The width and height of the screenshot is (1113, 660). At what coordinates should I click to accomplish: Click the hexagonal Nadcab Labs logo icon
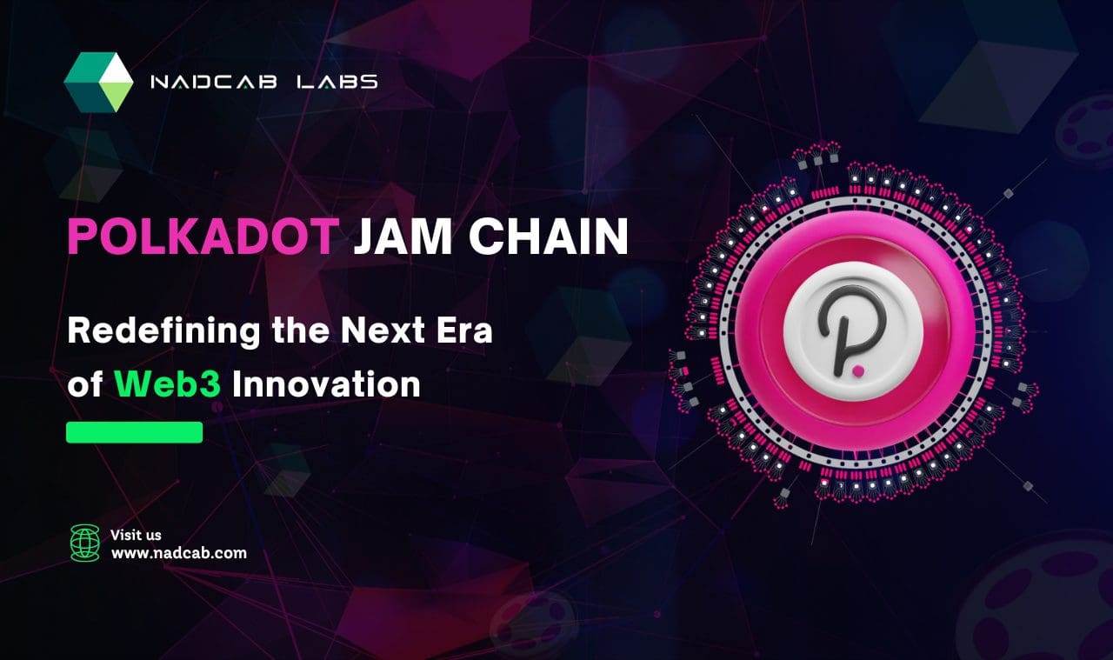[x=98, y=82]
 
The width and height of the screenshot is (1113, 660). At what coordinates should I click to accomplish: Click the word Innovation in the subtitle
[x=326, y=383]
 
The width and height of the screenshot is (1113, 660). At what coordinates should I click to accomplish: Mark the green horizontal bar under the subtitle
[x=135, y=432]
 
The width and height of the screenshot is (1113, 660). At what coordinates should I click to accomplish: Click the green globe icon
[x=85, y=543]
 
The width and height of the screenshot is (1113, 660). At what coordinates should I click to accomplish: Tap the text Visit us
[x=136, y=535]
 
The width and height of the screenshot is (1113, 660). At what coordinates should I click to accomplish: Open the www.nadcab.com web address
[x=178, y=552]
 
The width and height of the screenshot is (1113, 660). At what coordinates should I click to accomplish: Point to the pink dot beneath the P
[x=859, y=370]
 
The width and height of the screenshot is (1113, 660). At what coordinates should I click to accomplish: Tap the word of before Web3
[x=85, y=383]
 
